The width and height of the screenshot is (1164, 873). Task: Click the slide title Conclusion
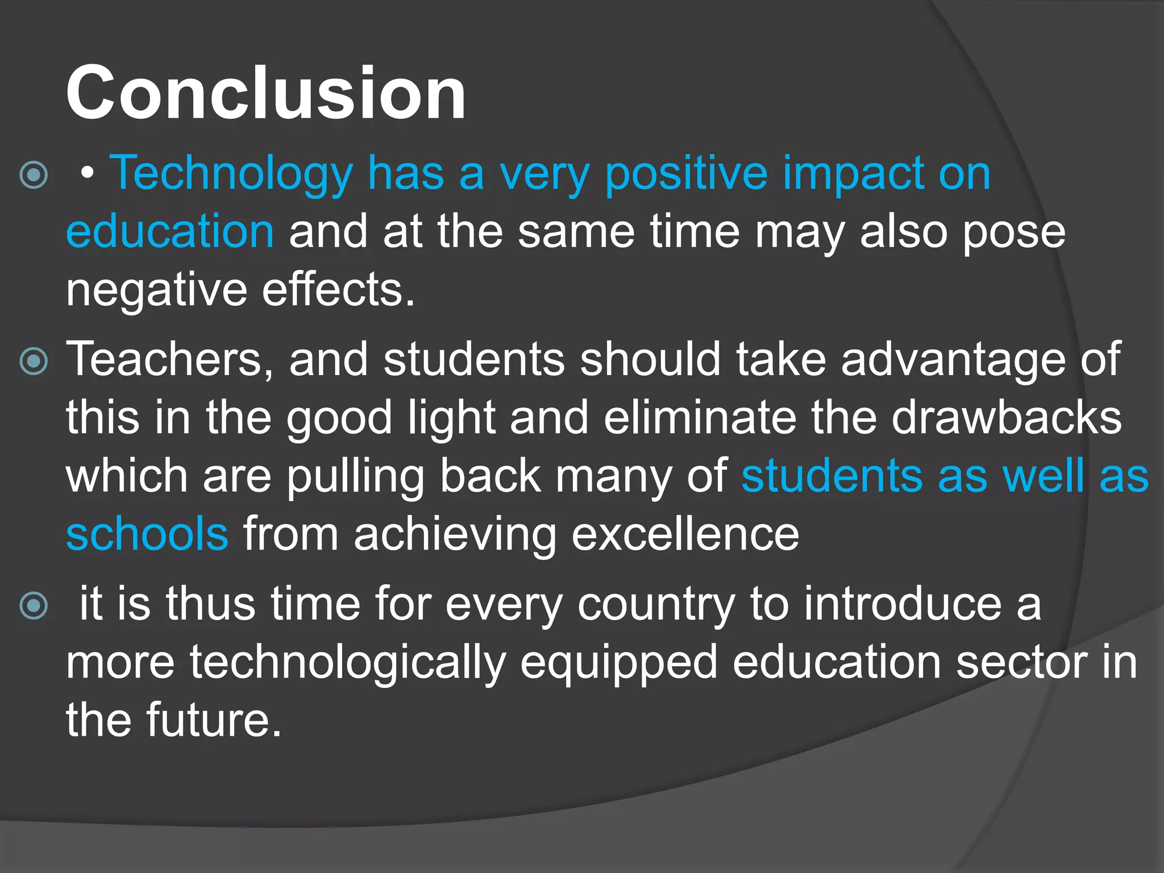pos(265,93)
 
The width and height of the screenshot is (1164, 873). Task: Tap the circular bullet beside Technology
pos(34,175)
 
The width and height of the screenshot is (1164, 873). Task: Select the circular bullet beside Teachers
pos(34,361)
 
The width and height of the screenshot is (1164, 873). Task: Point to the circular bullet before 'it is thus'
pos(34,606)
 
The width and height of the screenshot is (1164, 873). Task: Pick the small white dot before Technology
pos(86,174)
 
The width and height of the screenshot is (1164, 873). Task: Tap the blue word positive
pos(687,173)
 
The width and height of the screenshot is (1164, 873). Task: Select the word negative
pos(156,290)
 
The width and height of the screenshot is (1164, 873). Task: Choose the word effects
pos(338,290)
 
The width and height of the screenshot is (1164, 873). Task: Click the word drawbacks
pos(1007,418)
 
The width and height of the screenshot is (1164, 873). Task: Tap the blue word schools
pos(147,534)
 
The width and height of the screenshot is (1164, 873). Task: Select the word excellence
pos(685,534)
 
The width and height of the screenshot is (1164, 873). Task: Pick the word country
pos(656,605)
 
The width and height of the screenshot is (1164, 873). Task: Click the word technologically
pos(347,663)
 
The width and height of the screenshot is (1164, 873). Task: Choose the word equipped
pos(619,663)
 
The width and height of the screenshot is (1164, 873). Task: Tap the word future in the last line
pos(214,721)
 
